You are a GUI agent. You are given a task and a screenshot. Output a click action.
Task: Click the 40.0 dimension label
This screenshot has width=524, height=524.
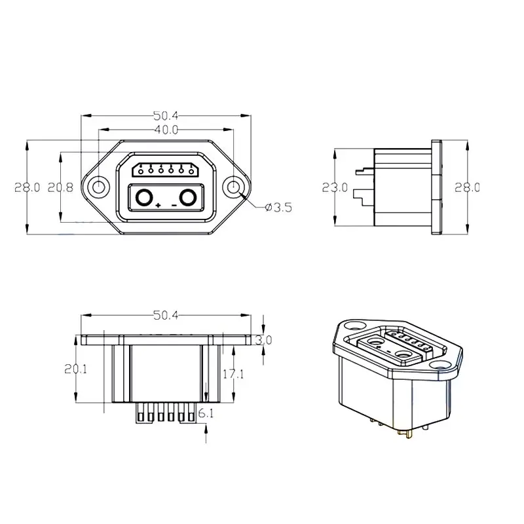[166, 130]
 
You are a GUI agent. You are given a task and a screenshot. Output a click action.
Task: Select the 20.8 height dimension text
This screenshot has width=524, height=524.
[60, 187]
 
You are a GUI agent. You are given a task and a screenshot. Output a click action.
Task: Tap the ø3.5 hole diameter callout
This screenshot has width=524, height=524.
[278, 208]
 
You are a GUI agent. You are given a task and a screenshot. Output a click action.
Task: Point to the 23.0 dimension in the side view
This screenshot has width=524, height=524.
[335, 187]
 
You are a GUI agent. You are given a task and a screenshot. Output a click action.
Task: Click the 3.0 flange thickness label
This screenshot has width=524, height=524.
[263, 340]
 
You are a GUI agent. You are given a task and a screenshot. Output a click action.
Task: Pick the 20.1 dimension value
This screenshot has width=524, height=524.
[76, 369]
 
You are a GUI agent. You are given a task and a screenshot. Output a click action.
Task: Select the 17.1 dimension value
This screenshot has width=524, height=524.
[234, 374]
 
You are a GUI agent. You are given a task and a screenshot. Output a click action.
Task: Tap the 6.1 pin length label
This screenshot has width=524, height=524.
[206, 413]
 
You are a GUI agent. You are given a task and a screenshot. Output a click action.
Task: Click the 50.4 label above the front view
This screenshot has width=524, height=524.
[166, 116]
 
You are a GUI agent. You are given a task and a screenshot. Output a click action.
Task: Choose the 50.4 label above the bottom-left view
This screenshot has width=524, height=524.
[166, 315]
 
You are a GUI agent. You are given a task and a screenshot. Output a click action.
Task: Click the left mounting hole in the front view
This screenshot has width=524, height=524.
[98, 187]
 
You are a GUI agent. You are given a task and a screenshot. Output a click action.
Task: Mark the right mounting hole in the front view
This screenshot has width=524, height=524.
[234, 187]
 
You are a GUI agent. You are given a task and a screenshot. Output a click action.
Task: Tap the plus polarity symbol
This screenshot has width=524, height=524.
[159, 206]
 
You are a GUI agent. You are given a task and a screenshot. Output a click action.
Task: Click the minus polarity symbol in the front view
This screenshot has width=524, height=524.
[174, 206]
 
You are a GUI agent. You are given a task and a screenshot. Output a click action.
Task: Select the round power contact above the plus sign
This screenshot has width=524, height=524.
[144, 196]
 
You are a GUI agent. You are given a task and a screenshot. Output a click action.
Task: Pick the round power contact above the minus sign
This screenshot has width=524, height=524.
[189, 196]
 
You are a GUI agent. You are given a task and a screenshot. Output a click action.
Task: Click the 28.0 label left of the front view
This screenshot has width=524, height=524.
[28, 187]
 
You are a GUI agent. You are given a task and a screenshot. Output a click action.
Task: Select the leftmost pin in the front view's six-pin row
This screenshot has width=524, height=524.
[140, 171]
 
